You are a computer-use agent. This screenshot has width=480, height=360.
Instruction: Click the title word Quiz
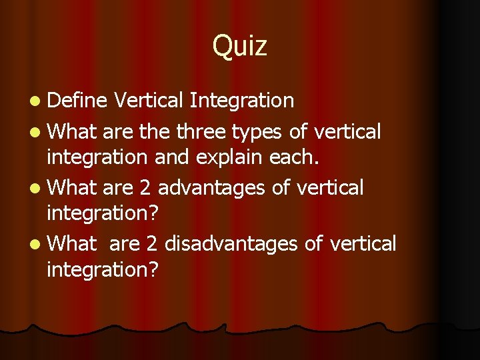click(x=240, y=47)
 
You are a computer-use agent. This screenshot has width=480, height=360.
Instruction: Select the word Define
click(x=77, y=101)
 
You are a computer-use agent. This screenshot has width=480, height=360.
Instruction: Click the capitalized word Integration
click(x=241, y=101)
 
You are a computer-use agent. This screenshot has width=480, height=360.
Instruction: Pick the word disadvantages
click(x=231, y=244)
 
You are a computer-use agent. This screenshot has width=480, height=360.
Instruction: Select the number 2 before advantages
click(x=145, y=188)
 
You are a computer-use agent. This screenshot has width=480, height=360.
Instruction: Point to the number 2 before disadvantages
click(x=151, y=244)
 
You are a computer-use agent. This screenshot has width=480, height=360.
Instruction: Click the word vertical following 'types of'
click(x=347, y=132)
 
